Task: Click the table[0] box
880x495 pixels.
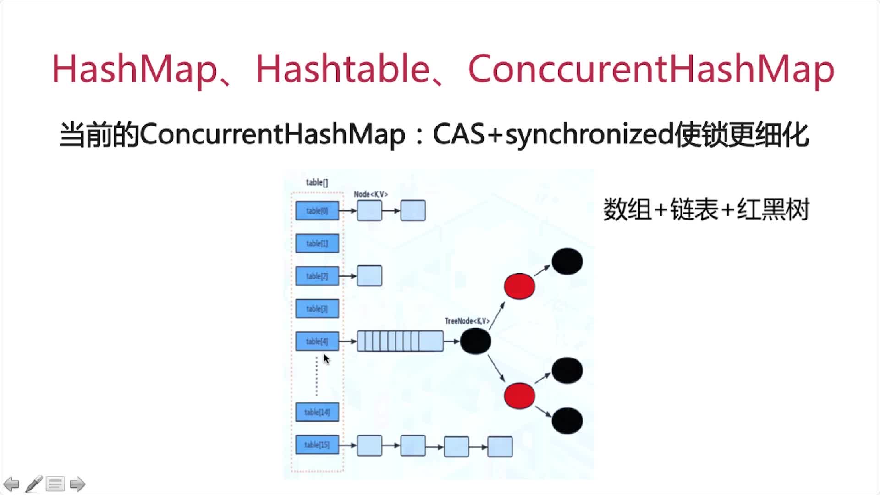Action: pyautogui.click(x=317, y=211)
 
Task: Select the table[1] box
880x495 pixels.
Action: pyautogui.click(x=317, y=243)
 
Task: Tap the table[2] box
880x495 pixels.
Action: pyautogui.click(x=317, y=276)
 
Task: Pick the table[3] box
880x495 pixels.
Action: pyautogui.click(x=317, y=308)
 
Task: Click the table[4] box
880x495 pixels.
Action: pyautogui.click(x=317, y=341)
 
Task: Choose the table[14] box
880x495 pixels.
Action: pyautogui.click(x=317, y=412)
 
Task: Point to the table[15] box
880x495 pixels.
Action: pyautogui.click(x=317, y=445)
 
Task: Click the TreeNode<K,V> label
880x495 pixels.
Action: pyautogui.click(x=467, y=321)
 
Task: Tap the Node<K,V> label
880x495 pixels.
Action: pyautogui.click(x=371, y=194)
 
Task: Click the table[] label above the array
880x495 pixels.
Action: pyautogui.click(x=317, y=182)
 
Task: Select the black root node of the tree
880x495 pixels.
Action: pyautogui.click(x=475, y=341)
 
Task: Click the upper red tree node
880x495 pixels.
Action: pyautogui.click(x=519, y=286)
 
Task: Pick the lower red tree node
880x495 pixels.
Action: pyautogui.click(x=519, y=396)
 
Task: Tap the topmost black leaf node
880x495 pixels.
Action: pyautogui.click(x=567, y=261)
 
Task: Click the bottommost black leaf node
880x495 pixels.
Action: pyautogui.click(x=567, y=420)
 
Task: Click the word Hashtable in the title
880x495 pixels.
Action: pyautogui.click(x=342, y=69)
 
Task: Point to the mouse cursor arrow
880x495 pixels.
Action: pyautogui.click(x=326, y=358)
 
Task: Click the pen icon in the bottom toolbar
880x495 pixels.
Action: pyautogui.click(x=34, y=484)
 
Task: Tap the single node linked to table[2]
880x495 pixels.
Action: pyautogui.click(x=369, y=276)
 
